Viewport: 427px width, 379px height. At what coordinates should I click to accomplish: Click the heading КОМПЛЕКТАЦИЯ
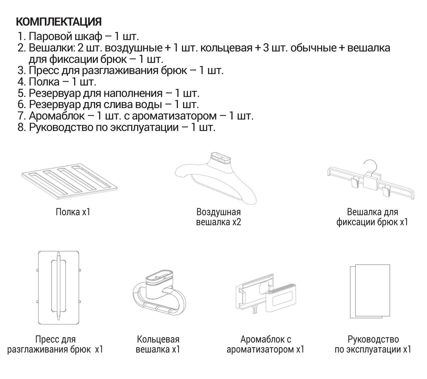click(x=59, y=22)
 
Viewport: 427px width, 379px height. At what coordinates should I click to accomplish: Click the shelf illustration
click(x=69, y=181)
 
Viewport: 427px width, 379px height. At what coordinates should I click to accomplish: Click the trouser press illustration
click(x=58, y=287)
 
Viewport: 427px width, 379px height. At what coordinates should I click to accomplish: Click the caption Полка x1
click(x=73, y=212)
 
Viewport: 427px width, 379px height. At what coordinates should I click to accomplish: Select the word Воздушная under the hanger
click(x=218, y=212)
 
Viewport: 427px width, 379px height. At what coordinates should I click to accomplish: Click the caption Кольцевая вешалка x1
click(x=158, y=344)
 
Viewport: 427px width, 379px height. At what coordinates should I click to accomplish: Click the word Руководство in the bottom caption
click(x=373, y=339)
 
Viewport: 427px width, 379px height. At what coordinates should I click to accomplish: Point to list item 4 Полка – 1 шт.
click(x=57, y=82)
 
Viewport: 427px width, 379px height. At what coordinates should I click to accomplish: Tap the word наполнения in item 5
click(x=133, y=93)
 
